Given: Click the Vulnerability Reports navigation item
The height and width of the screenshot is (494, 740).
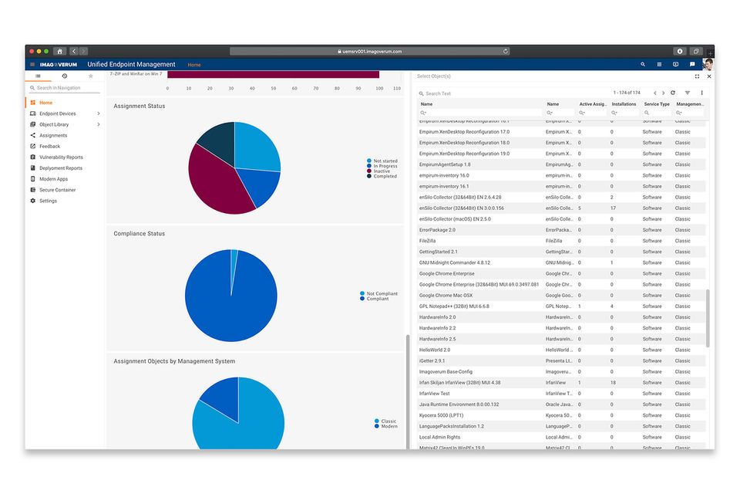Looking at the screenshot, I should click(61, 157).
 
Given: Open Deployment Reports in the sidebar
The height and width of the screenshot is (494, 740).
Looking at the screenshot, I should click(61, 168).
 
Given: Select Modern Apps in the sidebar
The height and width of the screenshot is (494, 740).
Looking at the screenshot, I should click(53, 179).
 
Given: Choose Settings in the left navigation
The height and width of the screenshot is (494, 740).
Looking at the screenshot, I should click(48, 201).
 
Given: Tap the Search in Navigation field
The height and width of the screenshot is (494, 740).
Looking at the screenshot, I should click(66, 88).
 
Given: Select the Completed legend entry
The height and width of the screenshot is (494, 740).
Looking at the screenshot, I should click(385, 176).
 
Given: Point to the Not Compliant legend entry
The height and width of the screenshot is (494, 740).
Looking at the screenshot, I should click(382, 293).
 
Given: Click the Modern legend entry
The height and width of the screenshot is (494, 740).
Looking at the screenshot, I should click(388, 426).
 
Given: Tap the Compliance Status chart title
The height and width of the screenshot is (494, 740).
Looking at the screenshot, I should click(139, 234).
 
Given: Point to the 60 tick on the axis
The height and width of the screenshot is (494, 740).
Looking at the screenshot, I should click(294, 89).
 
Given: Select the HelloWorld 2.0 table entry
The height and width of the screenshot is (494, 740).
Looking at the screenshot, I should click(435, 350).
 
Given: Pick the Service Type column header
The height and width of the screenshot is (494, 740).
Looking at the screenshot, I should click(656, 104).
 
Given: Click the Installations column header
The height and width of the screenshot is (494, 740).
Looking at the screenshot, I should click(624, 104).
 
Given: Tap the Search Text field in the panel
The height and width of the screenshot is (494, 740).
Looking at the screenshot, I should click(462, 93).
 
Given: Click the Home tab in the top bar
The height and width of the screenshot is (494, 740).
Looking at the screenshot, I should click(194, 65).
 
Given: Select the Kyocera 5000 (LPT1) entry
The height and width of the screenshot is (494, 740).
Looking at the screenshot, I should click(441, 415).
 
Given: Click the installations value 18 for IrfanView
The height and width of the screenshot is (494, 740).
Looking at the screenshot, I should click(613, 383).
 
